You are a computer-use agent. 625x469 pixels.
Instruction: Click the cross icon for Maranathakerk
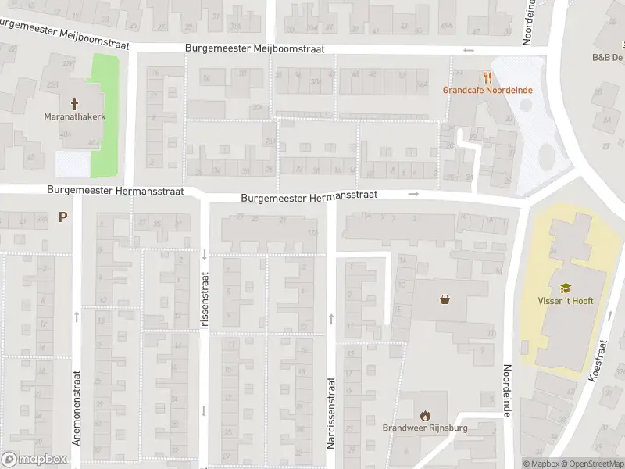tap(75, 103)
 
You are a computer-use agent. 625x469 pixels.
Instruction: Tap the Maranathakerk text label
tap(75, 118)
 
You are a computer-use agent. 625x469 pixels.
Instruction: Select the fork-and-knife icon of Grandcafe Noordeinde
tap(488, 77)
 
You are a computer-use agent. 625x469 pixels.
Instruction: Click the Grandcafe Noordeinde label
tap(487, 90)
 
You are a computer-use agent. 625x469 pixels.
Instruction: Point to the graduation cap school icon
tap(565, 288)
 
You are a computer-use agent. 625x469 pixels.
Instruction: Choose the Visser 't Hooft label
tap(566, 301)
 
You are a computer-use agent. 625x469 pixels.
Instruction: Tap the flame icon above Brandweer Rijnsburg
tap(425, 414)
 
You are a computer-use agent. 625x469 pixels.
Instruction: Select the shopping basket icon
tap(445, 299)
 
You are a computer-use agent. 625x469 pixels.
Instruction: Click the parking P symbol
tap(62, 217)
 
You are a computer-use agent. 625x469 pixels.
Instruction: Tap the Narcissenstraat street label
tap(330, 413)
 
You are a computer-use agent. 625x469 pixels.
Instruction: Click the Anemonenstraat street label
tap(77, 407)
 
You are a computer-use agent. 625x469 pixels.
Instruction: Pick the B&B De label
tap(607, 58)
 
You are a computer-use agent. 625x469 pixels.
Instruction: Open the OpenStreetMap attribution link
tap(591, 464)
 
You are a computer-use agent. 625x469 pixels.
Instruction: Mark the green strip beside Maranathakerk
tap(105, 116)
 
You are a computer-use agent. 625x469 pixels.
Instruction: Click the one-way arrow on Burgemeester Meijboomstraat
tap(468, 51)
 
